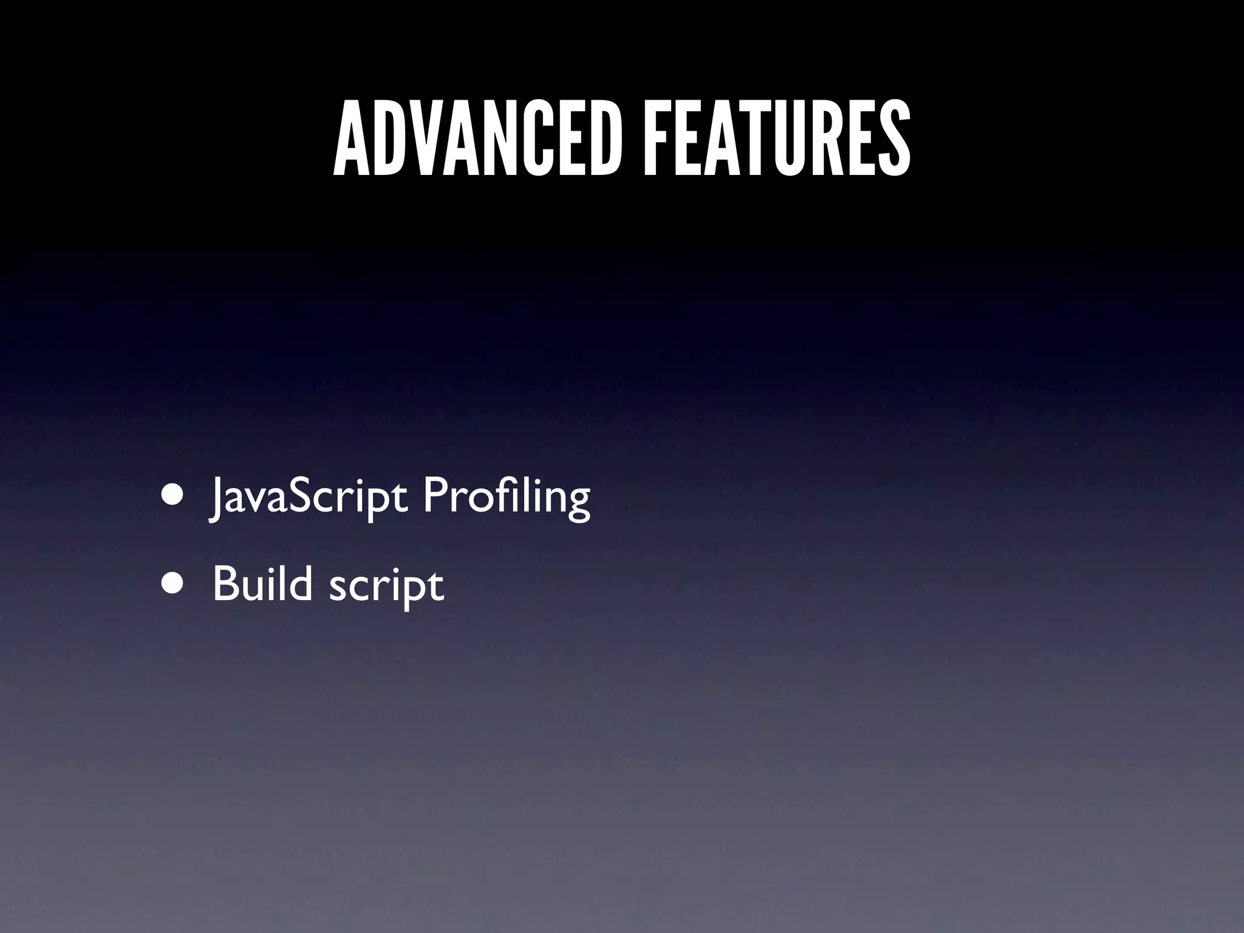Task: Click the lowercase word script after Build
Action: click(386, 586)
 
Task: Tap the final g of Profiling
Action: click(576, 504)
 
